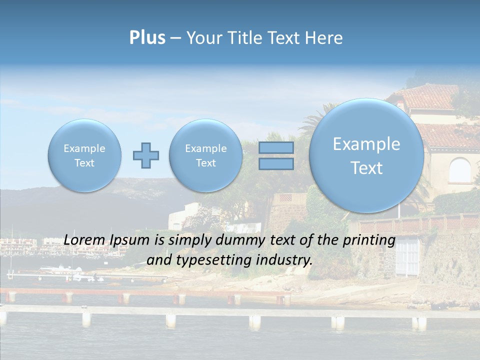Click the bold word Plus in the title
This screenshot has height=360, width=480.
click(x=147, y=38)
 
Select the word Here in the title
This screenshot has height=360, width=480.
click(x=324, y=38)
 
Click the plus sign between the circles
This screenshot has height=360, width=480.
click(x=146, y=155)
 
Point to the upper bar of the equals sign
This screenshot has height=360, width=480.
click(x=276, y=148)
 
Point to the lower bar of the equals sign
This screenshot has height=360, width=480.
click(x=276, y=164)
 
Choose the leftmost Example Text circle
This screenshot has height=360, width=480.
click(x=84, y=155)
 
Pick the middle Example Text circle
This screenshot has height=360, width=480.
click(x=206, y=155)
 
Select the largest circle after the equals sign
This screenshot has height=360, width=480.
click(x=366, y=155)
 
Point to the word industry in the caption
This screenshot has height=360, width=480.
click(x=286, y=260)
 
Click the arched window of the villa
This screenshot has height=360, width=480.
click(x=459, y=170)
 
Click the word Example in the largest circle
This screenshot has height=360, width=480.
click(x=366, y=144)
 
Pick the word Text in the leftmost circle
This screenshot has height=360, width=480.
click(x=84, y=163)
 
